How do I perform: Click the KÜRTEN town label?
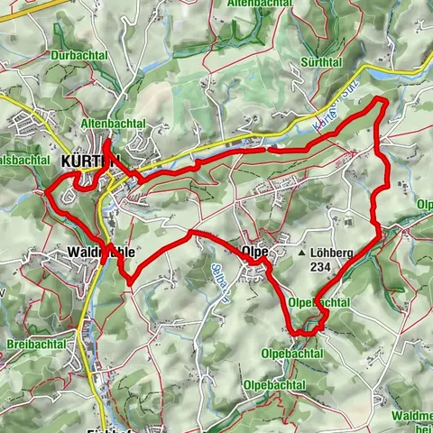point(90,161)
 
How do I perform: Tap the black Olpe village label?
point(255,252)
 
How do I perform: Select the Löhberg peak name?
point(331,254)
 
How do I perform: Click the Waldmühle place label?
point(101,252)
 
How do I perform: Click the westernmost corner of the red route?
point(46,190)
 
